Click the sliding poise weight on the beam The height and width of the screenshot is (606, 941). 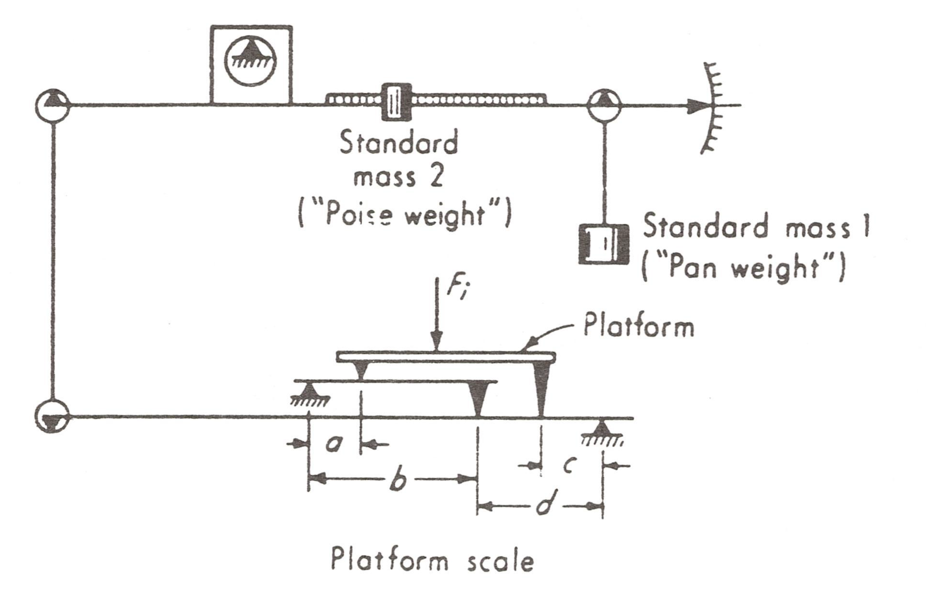pos(397,102)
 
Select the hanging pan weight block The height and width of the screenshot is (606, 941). pos(604,244)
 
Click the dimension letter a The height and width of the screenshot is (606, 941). pos(334,444)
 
